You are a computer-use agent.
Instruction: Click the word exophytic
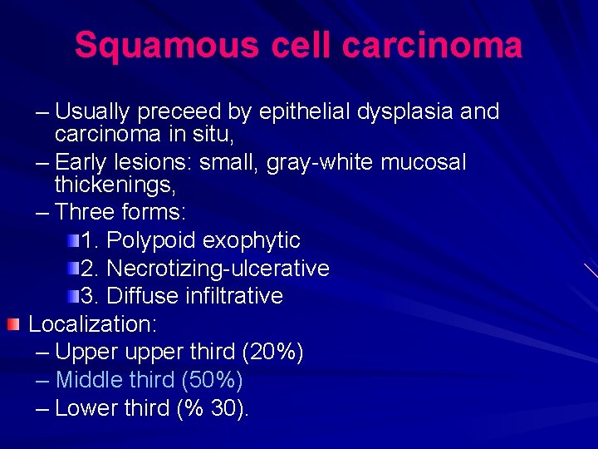point(251,240)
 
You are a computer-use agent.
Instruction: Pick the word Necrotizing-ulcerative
point(218,268)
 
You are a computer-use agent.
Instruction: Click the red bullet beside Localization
point(12,323)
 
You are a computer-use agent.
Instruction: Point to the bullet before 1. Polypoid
point(75,240)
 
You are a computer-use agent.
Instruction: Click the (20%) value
point(272,352)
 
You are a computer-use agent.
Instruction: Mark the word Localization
point(93,323)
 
